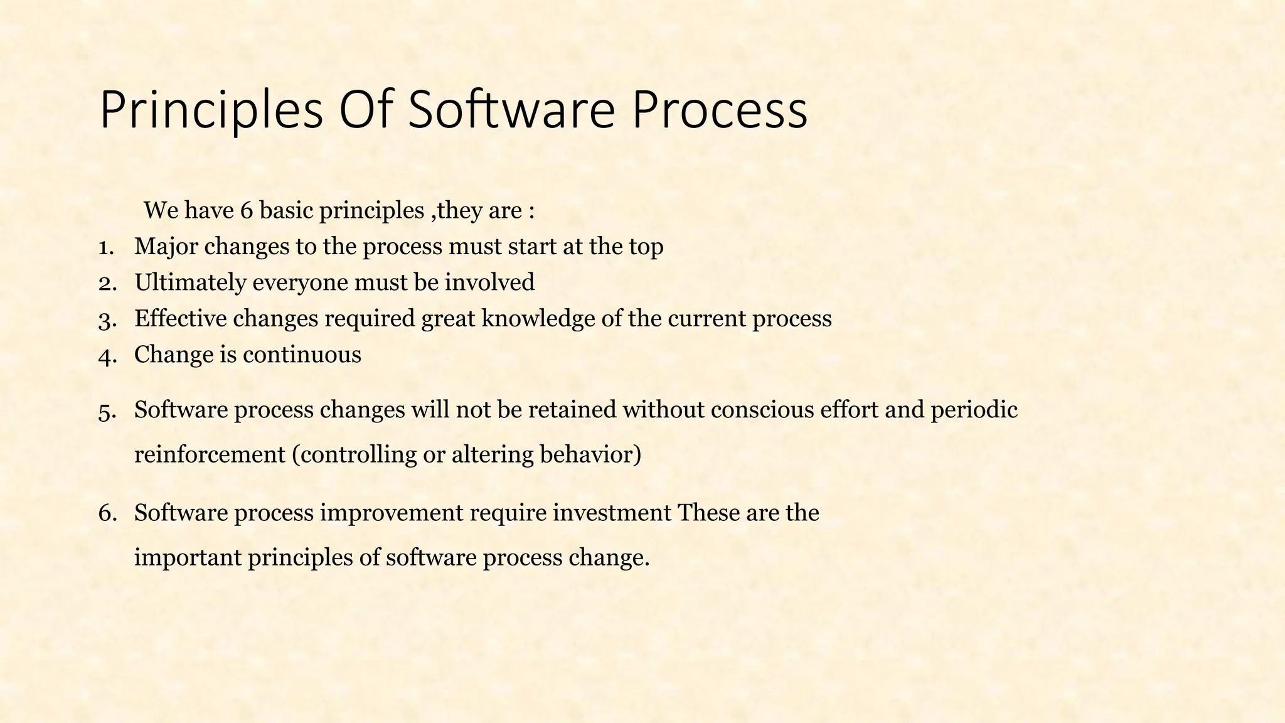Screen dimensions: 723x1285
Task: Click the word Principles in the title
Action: (x=211, y=110)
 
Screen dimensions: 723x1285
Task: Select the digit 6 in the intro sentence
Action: (x=246, y=211)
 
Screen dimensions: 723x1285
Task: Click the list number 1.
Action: (x=105, y=247)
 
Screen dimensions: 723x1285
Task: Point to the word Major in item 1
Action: (x=166, y=247)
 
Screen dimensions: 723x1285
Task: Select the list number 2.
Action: (x=107, y=283)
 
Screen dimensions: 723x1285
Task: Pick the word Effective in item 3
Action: (x=180, y=319)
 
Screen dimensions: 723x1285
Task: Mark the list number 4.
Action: (x=107, y=356)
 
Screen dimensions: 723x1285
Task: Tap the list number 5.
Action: (x=107, y=411)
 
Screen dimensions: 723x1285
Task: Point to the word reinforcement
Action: (x=210, y=454)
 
